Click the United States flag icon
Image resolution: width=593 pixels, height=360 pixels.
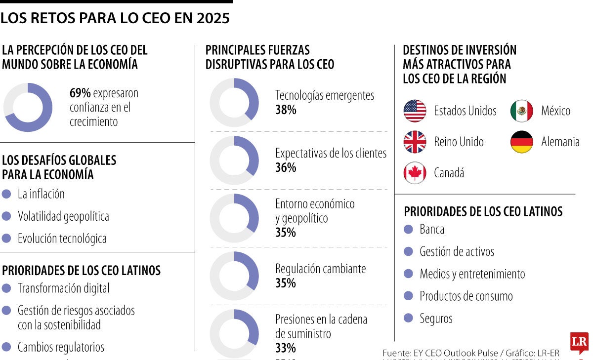click(x=415, y=111)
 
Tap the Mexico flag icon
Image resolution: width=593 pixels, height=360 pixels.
click(x=521, y=111)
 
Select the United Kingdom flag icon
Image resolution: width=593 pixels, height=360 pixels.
click(x=415, y=142)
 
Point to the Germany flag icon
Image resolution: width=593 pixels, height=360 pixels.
click(x=521, y=142)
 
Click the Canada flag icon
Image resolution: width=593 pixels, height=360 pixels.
click(x=415, y=173)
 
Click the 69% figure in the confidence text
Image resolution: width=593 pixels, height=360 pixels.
click(x=80, y=93)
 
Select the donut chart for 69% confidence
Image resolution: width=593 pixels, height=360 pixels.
click(x=28, y=107)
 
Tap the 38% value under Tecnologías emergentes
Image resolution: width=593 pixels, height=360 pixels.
click(x=286, y=110)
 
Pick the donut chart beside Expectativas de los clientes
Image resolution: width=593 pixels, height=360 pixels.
click(x=234, y=160)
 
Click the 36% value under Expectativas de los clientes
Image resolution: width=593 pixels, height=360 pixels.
click(x=286, y=168)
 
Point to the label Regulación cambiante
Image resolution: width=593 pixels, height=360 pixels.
click(x=320, y=269)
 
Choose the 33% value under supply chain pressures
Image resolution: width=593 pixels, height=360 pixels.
click(x=285, y=348)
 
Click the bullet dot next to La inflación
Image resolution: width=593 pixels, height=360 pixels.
click(x=6, y=194)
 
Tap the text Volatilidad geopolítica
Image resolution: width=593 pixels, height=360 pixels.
click(x=63, y=216)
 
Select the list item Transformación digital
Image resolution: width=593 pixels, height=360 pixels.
click(x=63, y=288)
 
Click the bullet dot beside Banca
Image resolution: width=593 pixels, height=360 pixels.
click(x=408, y=229)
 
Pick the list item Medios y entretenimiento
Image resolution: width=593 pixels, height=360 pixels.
click(x=472, y=274)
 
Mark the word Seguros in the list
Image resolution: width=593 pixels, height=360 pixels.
click(x=436, y=319)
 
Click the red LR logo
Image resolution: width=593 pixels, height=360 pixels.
click(x=579, y=342)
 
